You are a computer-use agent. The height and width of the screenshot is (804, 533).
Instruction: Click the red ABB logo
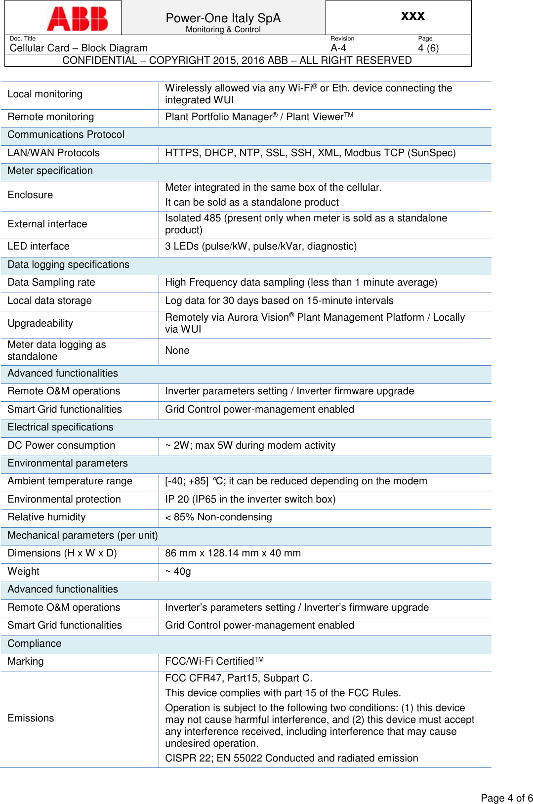coord(77,19)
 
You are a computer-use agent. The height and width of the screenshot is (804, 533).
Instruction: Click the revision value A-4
coord(338,48)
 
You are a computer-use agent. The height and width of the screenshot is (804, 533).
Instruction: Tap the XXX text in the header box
coord(412,16)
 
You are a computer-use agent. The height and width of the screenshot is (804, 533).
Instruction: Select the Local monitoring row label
coord(45,94)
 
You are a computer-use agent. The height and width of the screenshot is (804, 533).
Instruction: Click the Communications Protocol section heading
coord(66,135)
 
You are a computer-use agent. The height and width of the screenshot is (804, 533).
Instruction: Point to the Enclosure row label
coord(30,195)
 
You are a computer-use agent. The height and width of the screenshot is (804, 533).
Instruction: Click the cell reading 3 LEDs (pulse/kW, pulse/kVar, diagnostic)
coord(261,246)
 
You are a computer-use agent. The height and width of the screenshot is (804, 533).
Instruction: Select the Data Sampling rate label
coord(51,282)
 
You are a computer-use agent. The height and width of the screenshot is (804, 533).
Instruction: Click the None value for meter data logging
coord(177,350)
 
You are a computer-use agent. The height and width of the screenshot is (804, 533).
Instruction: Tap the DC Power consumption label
coord(61,445)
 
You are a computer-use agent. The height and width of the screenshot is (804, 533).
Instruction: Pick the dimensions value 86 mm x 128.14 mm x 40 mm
coord(233,553)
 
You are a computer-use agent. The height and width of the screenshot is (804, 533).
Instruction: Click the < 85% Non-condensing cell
coord(218,517)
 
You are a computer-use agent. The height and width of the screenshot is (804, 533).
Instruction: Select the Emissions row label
coord(31,718)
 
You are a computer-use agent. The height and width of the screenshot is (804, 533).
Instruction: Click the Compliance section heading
coord(35,643)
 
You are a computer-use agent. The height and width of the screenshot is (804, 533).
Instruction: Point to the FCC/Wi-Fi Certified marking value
coord(214,661)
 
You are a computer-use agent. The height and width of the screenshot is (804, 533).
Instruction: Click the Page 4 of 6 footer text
coord(506,798)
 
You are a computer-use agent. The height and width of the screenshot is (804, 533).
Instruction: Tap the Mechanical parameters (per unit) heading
coord(82,535)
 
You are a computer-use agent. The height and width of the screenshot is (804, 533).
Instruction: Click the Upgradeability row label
coord(40,323)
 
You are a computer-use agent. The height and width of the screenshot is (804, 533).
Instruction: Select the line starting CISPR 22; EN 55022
coord(291,758)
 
